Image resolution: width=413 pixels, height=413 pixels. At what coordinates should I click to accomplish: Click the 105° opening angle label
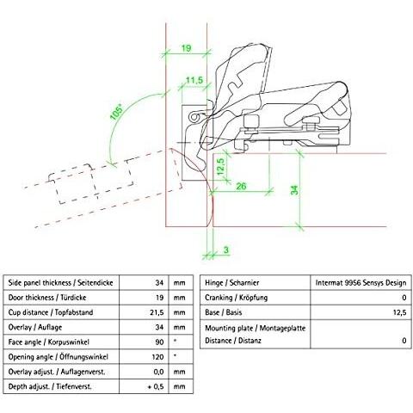(116, 112)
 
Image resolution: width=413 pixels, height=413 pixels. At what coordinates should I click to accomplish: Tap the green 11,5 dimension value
(194, 80)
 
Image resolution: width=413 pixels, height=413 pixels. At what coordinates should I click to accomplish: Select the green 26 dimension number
(241, 187)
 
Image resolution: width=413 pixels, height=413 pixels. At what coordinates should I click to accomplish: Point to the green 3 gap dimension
(226, 250)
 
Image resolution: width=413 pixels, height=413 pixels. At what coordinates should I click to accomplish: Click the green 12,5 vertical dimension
(220, 167)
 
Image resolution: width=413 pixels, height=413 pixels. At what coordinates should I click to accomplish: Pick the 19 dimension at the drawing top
(186, 48)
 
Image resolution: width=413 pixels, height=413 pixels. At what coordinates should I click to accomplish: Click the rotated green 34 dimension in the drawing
(294, 190)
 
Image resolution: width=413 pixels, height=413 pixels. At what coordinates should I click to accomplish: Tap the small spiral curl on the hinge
(194, 118)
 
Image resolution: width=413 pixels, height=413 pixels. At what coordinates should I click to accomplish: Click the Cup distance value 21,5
(157, 312)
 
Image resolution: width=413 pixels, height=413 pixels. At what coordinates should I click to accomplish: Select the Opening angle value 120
(157, 357)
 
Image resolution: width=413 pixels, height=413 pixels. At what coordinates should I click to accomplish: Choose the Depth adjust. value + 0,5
(156, 386)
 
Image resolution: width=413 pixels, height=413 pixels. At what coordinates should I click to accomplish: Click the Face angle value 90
(159, 342)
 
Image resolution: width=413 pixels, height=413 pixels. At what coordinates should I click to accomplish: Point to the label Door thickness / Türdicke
(47, 298)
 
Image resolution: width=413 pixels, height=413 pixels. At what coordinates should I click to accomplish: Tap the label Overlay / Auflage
(35, 327)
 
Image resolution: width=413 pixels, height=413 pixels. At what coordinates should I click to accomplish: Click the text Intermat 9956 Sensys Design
(361, 283)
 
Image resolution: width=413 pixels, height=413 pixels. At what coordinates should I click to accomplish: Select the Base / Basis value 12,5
(399, 312)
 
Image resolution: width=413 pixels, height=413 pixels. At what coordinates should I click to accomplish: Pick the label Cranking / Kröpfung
(237, 298)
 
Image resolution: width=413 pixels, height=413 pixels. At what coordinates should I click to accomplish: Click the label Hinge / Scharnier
(231, 283)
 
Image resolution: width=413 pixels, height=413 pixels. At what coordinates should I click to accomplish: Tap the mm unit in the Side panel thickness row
(179, 283)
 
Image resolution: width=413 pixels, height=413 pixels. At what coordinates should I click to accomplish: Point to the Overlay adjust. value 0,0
(158, 372)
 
